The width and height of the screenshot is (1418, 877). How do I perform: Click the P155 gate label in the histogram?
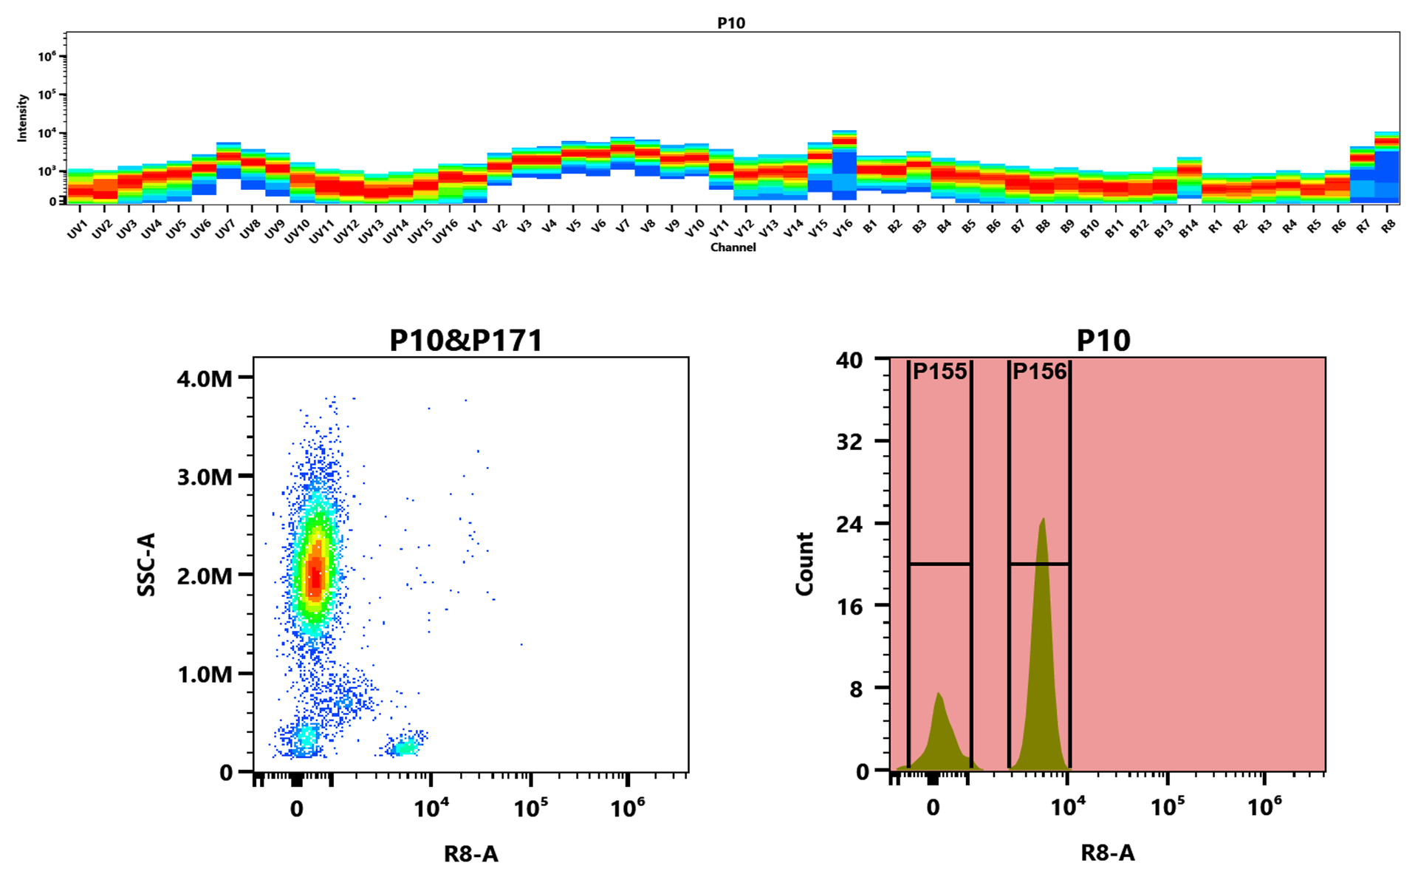click(939, 372)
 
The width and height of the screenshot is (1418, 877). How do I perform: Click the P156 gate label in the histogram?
click(1039, 372)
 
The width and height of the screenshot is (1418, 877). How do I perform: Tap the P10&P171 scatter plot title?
click(466, 341)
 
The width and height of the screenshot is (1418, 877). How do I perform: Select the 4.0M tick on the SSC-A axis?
click(205, 379)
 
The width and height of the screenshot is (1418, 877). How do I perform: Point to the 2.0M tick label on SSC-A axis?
click(205, 576)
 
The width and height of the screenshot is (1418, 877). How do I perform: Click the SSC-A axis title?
click(147, 564)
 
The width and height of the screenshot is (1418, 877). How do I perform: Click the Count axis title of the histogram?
click(804, 564)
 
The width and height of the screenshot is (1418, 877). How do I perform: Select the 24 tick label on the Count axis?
click(849, 525)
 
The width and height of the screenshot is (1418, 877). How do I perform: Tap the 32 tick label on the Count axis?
click(849, 442)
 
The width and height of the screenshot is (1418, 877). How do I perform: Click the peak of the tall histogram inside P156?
click(1043, 519)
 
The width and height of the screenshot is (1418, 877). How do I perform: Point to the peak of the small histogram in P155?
click(938, 694)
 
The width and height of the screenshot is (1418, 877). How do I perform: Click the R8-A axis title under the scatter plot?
click(470, 854)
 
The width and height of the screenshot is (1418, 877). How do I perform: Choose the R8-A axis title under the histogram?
click(1107, 853)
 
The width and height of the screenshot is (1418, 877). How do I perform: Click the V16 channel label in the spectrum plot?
click(843, 229)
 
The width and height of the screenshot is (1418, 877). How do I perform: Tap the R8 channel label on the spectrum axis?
click(1388, 227)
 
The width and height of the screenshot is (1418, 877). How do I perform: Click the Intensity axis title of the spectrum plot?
click(22, 117)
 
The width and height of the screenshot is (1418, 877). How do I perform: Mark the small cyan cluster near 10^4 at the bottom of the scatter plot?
click(405, 748)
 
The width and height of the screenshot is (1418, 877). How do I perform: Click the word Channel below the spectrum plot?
click(733, 248)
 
